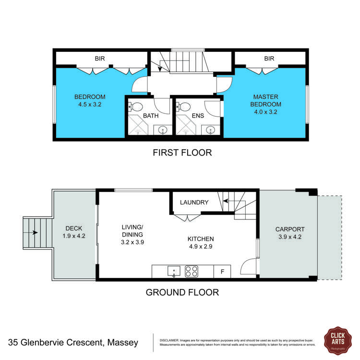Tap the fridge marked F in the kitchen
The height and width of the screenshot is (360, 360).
(222, 272)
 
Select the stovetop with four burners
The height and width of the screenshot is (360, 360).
(192, 272)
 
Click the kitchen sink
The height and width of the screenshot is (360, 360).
(174, 272)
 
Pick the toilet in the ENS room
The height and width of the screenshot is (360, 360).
(185, 107)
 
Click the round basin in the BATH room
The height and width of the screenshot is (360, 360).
(163, 130)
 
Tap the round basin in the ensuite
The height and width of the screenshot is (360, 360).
(210, 130)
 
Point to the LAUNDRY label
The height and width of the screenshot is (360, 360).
(195, 203)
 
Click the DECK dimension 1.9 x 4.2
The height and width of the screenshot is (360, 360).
(74, 236)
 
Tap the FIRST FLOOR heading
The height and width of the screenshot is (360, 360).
(182, 153)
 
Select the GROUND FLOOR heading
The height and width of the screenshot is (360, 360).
(182, 292)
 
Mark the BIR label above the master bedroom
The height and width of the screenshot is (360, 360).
(269, 59)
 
